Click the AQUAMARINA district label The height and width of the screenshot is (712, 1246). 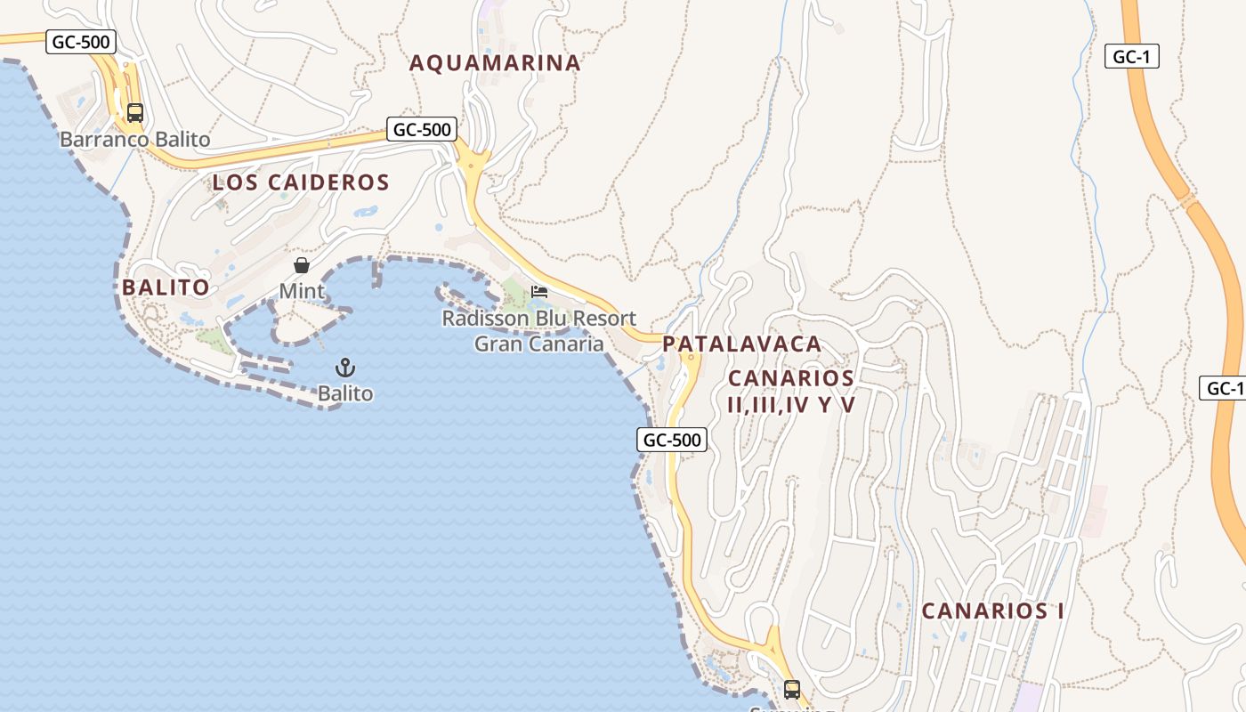click(495, 63)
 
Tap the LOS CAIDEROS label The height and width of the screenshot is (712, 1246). click(301, 183)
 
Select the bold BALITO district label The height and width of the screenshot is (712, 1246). click(166, 287)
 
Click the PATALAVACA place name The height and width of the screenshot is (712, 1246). click(741, 344)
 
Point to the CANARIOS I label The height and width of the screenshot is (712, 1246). click(992, 611)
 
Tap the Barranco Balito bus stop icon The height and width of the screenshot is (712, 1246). click(135, 113)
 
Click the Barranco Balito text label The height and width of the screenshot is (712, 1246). click(135, 140)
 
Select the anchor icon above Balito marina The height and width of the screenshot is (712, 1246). click(344, 368)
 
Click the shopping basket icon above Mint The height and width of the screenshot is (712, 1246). click(302, 265)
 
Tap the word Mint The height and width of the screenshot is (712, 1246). click(302, 291)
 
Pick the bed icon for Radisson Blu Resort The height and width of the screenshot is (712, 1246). click(539, 291)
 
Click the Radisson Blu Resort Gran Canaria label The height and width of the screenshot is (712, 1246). click(539, 331)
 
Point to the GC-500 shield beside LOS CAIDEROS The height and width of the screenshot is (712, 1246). click(423, 129)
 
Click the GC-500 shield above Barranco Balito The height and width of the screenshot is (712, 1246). click(81, 42)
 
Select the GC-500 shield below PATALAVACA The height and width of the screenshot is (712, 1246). click(672, 440)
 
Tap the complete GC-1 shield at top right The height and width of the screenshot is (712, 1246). click(1132, 57)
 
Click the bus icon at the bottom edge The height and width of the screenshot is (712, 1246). click(791, 689)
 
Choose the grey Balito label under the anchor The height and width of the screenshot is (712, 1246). click(345, 393)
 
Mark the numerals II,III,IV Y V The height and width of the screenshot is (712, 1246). click(791, 405)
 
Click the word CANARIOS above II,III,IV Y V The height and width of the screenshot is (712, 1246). click(791, 378)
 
